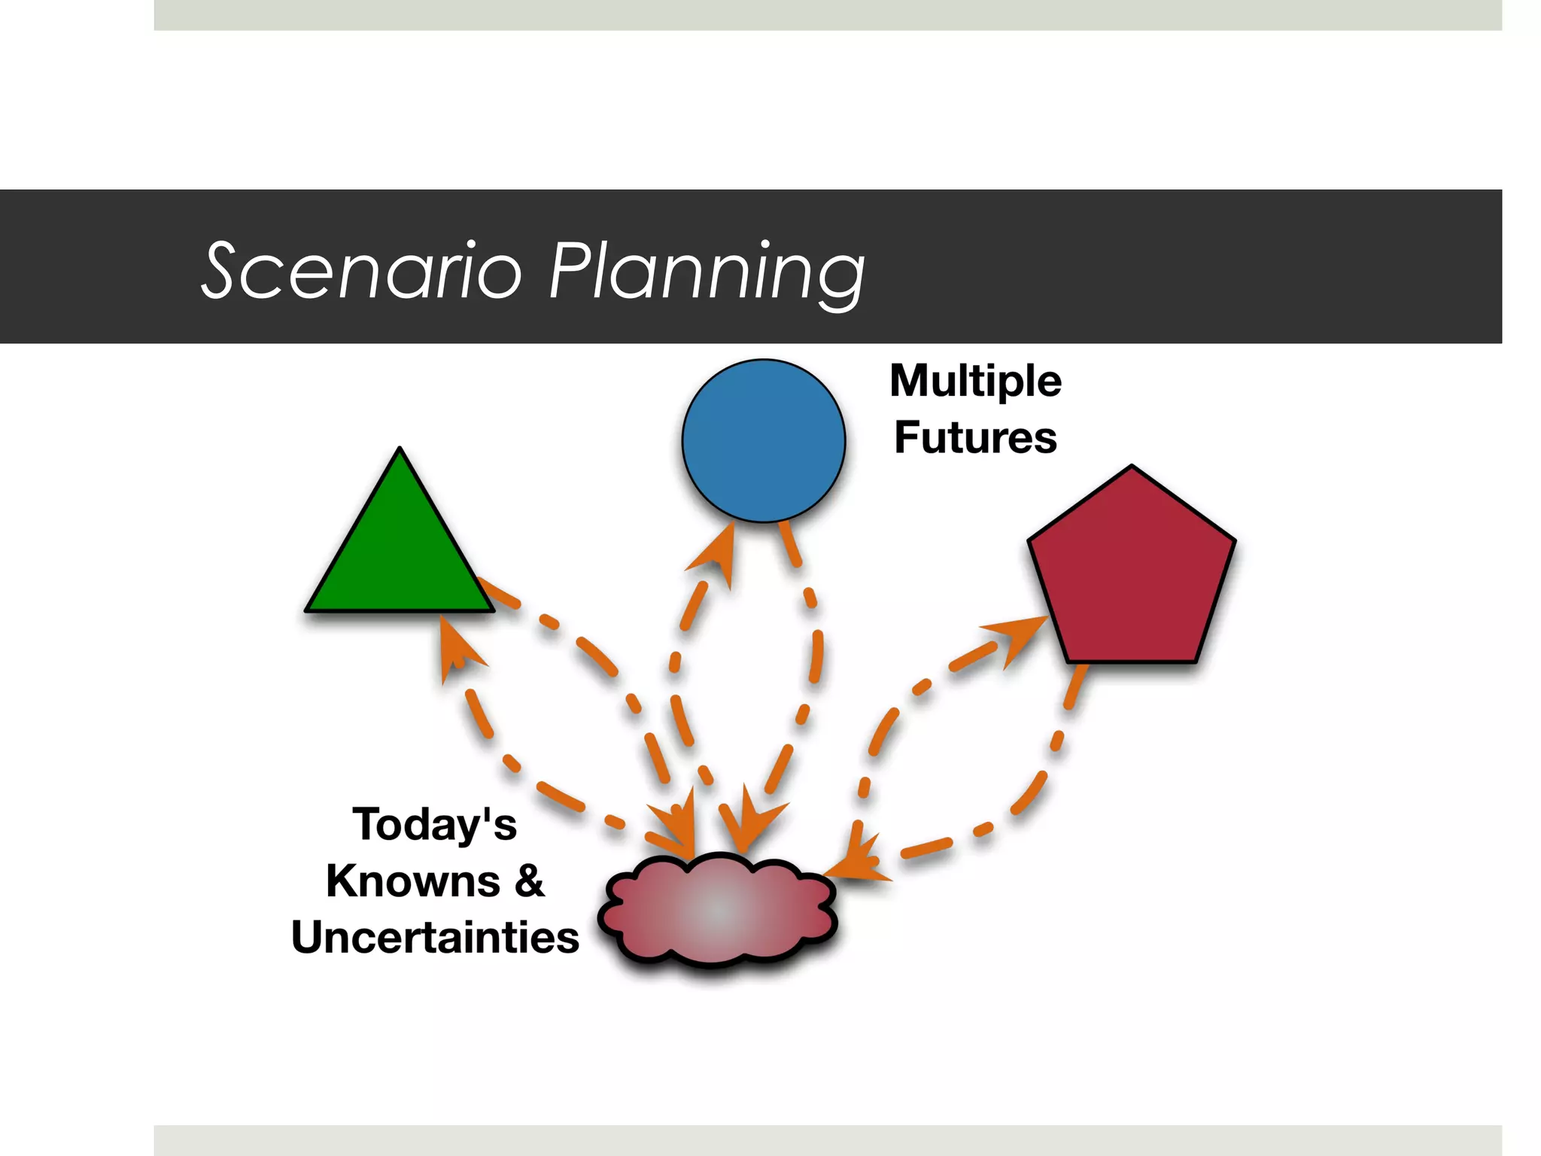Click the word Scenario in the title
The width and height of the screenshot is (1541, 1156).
[x=361, y=271]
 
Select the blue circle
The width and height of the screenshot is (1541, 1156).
[x=763, y=441]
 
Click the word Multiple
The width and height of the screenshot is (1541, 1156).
[x=975, y=381]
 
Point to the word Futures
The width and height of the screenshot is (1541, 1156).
[x=975, y=438]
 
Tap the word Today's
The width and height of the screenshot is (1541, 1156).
[x=434, y=825]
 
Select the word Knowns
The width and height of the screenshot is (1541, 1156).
[x=413, y=881]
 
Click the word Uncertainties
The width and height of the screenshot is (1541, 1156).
[x=435, y=938]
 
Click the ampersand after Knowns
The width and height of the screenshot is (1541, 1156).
[x=529, y=881]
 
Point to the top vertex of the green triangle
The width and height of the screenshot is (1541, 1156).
[x=400, y=450]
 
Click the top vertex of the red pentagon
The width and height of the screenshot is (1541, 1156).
[x=1132, y=467]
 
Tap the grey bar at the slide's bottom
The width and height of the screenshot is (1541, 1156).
[x=828, y=1140]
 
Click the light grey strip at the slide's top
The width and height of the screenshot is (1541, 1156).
[x=828, y=15]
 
